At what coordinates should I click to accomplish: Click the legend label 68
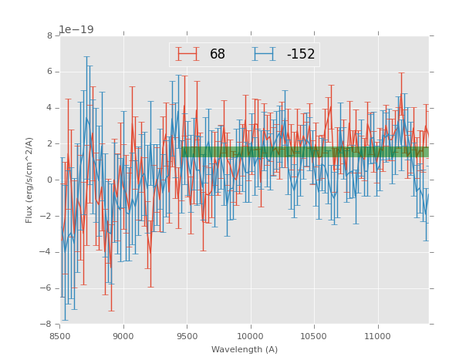[217, 54]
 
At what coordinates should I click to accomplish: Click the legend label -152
[300, 54]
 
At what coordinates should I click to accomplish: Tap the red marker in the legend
[187, 54]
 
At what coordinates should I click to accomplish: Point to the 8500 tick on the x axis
[60, 336]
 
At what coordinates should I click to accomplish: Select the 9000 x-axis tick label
[123, 336]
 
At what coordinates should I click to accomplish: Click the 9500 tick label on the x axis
[187, 336]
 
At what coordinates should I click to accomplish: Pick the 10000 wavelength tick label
[251, 336]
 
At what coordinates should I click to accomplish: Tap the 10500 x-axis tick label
[314, 336]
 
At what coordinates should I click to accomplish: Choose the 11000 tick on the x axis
[377, 336]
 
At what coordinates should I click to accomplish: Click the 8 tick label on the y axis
[49, 36]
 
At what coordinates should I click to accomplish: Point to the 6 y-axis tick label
[49, 72]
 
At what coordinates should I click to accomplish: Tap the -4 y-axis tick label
[47, 253]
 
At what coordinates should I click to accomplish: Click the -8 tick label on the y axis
[47, 325]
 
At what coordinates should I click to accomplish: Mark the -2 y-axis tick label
[47, 217]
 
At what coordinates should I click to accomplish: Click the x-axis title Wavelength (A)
[245, 349]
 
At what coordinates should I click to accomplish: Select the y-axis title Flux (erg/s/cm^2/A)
[29, 180]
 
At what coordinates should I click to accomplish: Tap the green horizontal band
[305, 152]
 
